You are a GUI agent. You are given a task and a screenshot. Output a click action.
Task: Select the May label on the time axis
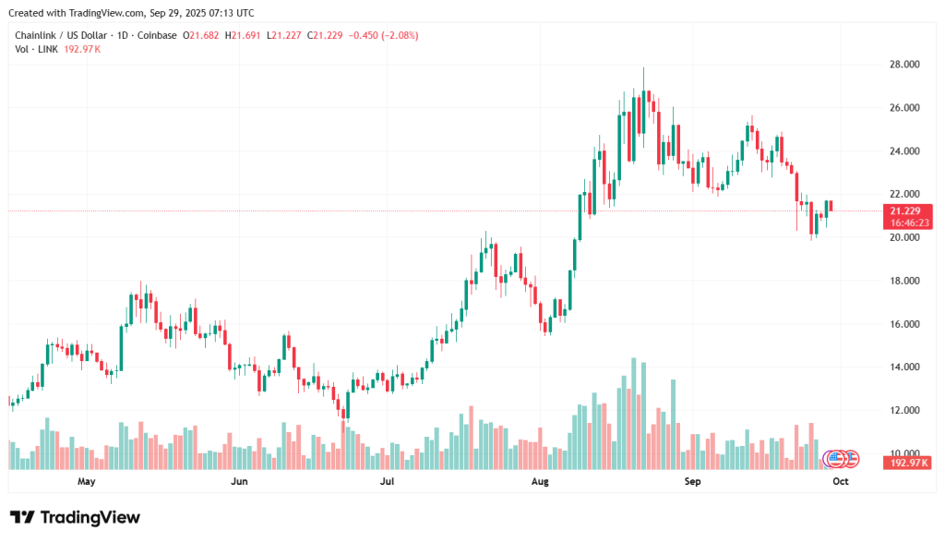[87, 481]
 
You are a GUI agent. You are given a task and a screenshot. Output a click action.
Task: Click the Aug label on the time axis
[541, 481]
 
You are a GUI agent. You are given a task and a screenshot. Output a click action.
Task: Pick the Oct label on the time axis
[841, 481]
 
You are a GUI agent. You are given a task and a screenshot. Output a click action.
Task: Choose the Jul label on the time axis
[388, 481]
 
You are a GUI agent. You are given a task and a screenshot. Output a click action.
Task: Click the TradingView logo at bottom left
[75, 518]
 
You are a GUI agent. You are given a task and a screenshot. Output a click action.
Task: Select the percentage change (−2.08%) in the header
[394, 35]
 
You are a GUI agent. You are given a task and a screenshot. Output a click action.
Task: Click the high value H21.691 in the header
[243, 35]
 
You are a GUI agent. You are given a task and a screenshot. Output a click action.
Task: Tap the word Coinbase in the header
[156, 35]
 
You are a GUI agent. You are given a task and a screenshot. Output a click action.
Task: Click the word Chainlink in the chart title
[35, 35]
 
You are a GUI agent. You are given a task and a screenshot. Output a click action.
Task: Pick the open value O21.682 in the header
[200, 35]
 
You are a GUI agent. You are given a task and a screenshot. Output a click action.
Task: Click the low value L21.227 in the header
[285, 35]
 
